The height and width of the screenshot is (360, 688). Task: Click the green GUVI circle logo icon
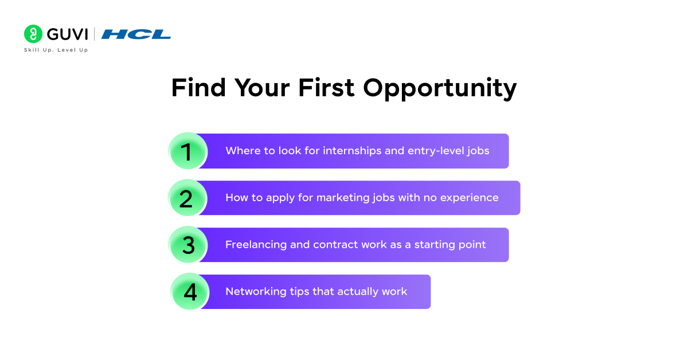(x=33, y=34)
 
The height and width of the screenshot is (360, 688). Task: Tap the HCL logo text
(x=136, y=34)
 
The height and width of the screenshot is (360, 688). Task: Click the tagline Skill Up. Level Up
(x=56, y=50)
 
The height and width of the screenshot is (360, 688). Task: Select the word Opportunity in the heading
(x=440, y=89)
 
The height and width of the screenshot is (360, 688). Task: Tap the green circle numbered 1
(x=187, y=151)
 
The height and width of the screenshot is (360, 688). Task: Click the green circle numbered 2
(x=186, y=198)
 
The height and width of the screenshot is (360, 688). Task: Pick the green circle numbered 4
(x=190, y=292)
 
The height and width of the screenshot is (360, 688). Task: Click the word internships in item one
(x=352, y=151)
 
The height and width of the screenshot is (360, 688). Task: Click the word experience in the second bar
(x=470, y=198)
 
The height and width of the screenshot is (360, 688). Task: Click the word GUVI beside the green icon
(x=67, y=34)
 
